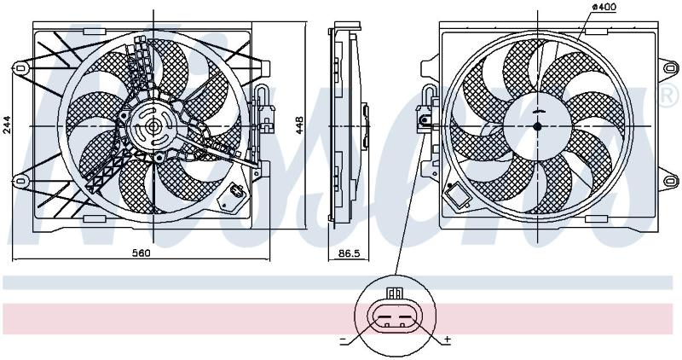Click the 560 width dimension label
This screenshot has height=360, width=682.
[x=141, y=253]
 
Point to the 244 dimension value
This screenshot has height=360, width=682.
[x=7, y=125]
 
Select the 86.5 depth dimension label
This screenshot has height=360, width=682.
[x=350, y=253]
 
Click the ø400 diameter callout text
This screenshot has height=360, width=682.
[x=604, y=7]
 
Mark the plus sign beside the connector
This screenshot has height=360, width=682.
[x=448, y=340]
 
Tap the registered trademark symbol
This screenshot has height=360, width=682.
[x=670, y=96]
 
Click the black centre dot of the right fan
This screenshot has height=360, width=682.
[x=537, y=126]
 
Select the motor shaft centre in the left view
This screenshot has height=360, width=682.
[x=153, y=126]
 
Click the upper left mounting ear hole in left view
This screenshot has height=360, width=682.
[x=20, y=68]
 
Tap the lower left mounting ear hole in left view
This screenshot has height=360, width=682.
[x=20, y=180]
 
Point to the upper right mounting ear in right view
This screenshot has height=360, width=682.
[x=669, y=68]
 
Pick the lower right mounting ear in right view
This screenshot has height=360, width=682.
[x=669, y=180]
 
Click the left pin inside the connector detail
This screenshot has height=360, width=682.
[x=386, y=324]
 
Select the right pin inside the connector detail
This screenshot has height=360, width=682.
[x=402, y=324]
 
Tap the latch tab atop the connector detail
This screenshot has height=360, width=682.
[x=394, y=293]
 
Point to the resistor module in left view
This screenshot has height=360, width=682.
[x=235, y=194]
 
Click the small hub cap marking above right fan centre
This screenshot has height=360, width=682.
[x=538, y=111]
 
